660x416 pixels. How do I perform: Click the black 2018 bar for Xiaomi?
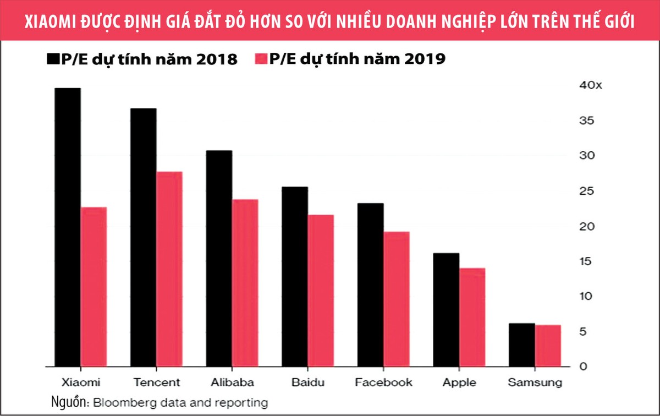[x=68, y=227]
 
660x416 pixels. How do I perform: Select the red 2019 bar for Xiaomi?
[x=94, y=286]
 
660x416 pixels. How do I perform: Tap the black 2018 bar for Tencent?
[x=143, y=237]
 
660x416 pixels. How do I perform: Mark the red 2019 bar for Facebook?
[x=396, y=299]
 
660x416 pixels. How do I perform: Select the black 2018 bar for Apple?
[x=446, y=309]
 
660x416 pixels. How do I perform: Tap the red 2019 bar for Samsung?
[x=548, y=346]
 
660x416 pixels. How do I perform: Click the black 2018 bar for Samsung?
[x=521, y=344]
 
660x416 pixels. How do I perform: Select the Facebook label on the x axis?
[x=384, y=382]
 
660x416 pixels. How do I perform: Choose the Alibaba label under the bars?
[x=232, y=382]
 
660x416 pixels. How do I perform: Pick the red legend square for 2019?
[x=261, y=58]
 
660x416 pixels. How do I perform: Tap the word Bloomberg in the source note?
[x=122, y=402]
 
